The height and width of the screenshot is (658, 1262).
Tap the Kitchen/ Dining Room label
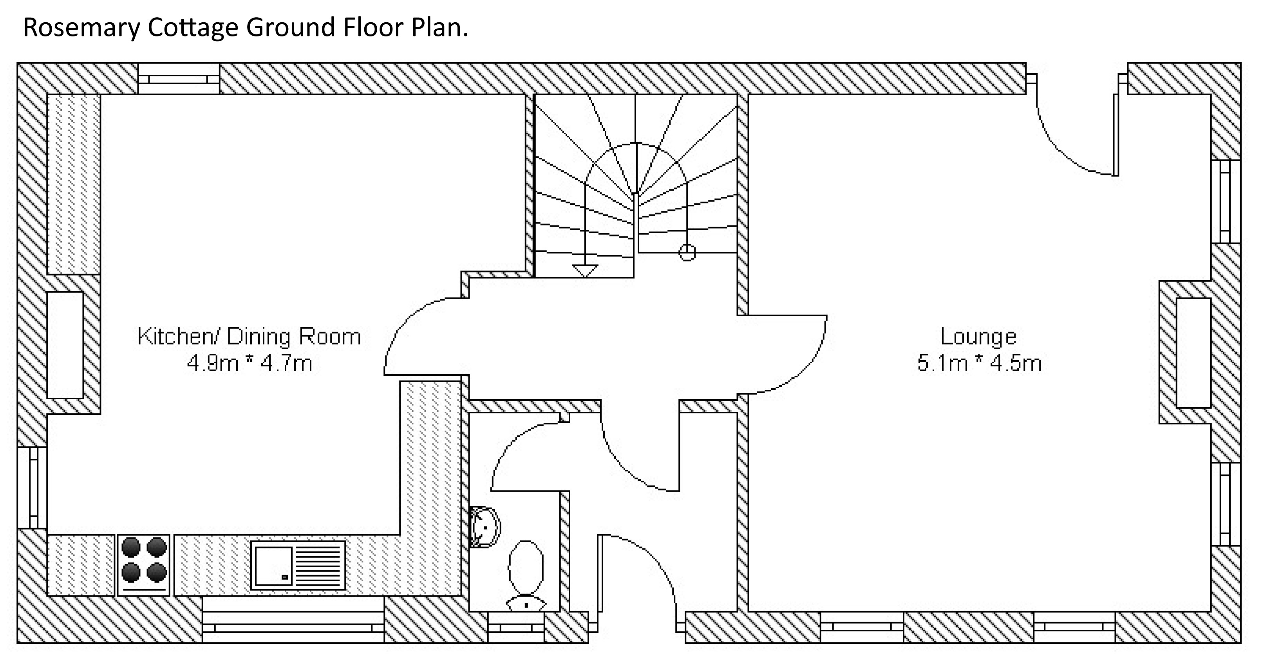249,337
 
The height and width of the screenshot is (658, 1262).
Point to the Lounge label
978,337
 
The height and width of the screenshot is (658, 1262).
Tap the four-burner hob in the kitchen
143,564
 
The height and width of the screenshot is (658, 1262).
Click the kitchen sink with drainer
298,565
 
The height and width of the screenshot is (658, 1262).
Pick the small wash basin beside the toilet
484,527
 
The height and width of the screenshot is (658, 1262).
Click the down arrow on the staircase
584,270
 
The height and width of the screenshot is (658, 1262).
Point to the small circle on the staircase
687,252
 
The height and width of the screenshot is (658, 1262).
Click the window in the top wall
178,79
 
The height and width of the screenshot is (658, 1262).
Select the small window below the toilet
516,627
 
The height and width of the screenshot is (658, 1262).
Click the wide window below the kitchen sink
293,627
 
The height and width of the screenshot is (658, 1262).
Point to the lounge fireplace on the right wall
1193,353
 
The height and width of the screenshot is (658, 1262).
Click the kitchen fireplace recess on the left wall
65,345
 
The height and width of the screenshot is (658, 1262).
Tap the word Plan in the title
439,28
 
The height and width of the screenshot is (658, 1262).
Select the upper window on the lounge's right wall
1225,201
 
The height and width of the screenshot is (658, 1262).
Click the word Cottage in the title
193,28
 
